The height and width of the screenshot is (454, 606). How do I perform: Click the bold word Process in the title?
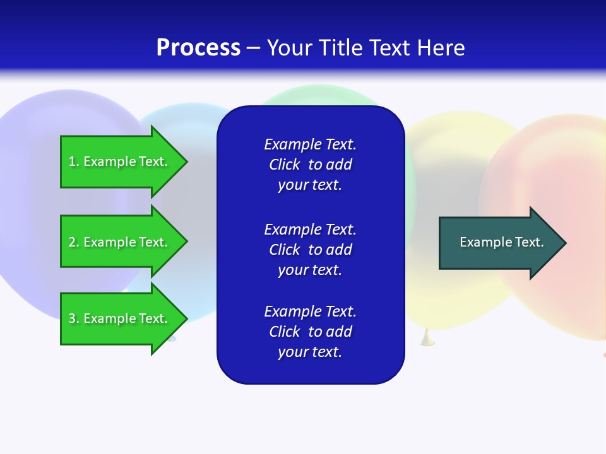tap(198, 48)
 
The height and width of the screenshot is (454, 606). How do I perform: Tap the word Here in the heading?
tap(441, 48)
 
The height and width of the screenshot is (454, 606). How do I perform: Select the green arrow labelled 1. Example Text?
tap(120, 161)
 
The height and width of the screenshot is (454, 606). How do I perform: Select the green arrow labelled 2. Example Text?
tap(120, 242)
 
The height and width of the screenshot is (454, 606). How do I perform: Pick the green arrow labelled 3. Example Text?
tap(120, 318)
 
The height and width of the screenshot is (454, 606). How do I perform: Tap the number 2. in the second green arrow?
tap(73, 242)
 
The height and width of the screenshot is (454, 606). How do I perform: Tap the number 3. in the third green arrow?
tap(73, 318)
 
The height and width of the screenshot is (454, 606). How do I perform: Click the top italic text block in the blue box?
tap(310, 165)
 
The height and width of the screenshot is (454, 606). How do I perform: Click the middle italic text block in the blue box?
tap(310, 250)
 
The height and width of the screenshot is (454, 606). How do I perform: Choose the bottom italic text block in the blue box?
tap(310, 332)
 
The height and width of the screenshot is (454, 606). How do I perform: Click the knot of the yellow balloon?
tap(427, 339)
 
